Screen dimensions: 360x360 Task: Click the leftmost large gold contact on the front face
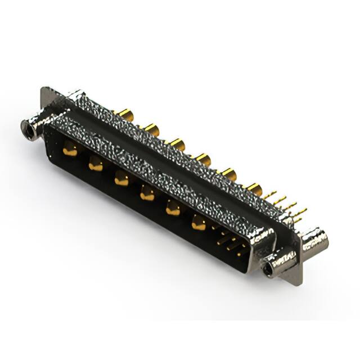(x=70, y=149)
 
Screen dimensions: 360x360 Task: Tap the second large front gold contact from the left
(x=96, y=164)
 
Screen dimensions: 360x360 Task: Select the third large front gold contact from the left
(x=121, y=179)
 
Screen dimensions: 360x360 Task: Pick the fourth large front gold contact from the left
(x=147, y=193)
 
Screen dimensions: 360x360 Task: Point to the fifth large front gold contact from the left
(x=173, y=209)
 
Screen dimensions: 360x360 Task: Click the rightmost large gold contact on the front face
(x=199, y=223)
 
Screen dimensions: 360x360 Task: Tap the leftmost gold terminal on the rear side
(x=125, y=116)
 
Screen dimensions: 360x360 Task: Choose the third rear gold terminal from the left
(x=178, y=145)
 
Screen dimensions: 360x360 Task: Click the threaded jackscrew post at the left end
(x=29, y=127)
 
